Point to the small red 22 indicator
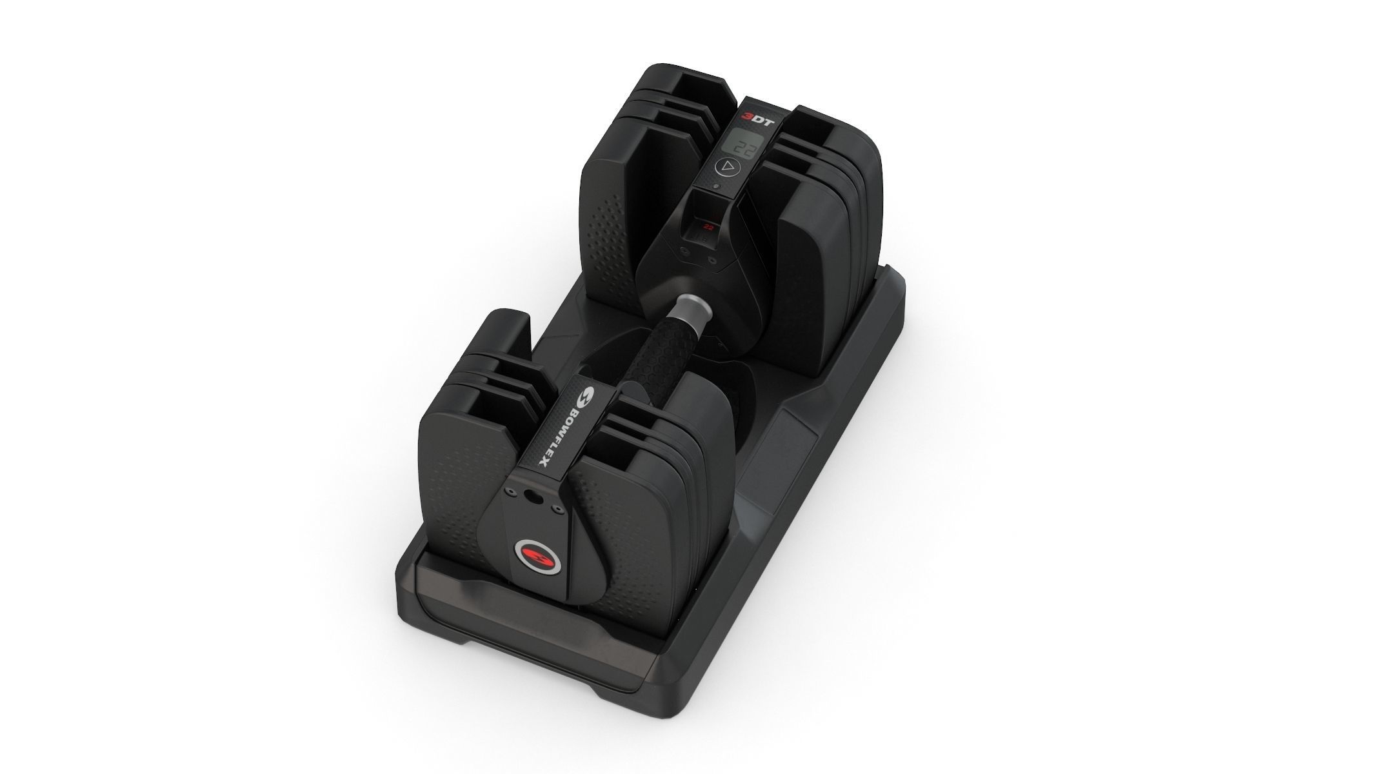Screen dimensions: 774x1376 point(709,226)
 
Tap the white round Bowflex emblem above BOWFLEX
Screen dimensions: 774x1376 point(588,397)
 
